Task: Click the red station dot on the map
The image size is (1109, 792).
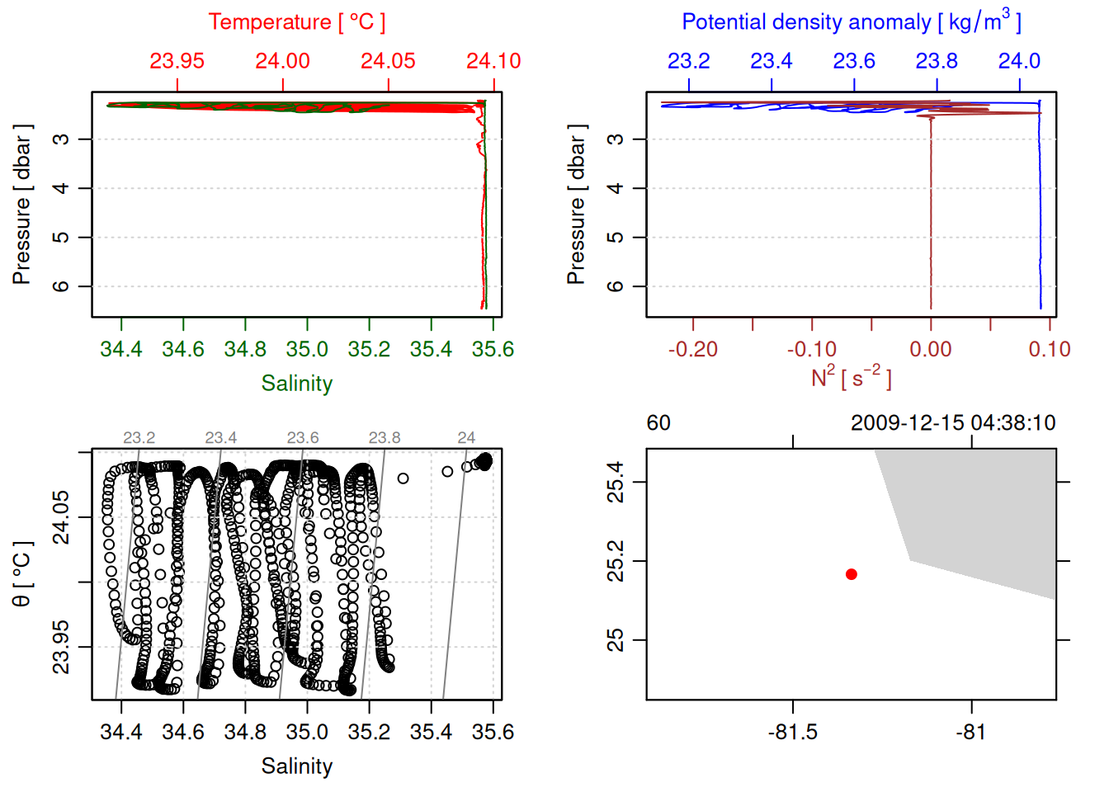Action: (x=851, y=574)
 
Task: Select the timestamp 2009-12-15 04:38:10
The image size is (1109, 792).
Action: (x=953, y=423)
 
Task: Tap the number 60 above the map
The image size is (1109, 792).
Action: (x=658, y=423)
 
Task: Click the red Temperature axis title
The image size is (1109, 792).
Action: (x=297, y=22)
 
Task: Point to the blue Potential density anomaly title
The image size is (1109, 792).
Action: (x=851, y=22)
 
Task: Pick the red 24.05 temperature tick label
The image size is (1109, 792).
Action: (x=388, y=61)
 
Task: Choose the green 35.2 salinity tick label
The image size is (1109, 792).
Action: (x=369, y=350)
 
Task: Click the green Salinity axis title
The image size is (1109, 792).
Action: (x=297, y=384)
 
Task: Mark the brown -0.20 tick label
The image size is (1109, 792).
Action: (x=693, y=350)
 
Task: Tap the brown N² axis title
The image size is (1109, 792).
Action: (x=851, y=378)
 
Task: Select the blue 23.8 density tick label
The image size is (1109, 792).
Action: (x=937, y=61)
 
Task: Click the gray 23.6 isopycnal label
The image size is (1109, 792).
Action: (x=303, y=438)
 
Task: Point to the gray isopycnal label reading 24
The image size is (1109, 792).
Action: (x=466, y=438)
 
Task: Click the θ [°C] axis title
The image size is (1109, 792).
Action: (x=22, y=574)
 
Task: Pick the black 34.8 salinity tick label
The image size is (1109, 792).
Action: (x=245, y=733)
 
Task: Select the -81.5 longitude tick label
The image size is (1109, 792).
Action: (x=793, y=733)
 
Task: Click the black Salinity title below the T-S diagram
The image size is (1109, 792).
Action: (x=297, y=766)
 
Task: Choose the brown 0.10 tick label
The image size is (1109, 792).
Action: (x=1050, y=350)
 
